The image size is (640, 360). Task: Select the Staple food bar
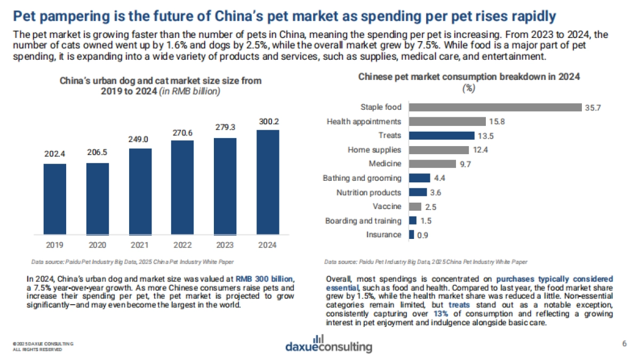[x=495, y=107]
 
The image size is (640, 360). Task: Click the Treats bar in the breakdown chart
[x=441, y=135]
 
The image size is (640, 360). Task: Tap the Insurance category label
[x=383, y=235]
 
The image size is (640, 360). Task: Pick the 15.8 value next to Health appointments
[x=497, y=122]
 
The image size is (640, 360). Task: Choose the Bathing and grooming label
[x=362, y=178]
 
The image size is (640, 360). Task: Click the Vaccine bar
[x=415, y=206]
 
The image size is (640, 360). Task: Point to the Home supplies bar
[x=438, y=150]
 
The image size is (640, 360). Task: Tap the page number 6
[x=624, y=342]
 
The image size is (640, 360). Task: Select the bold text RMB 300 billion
[x=265, y=279]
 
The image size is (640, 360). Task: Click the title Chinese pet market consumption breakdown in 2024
[x=469, y=77]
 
